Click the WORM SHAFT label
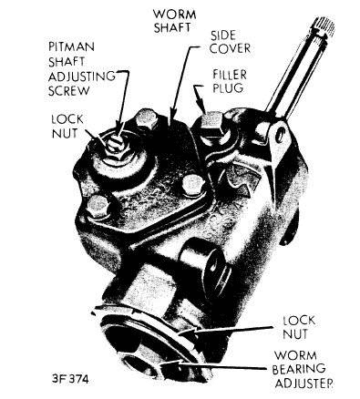point(175,21)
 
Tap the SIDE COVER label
point(230,42)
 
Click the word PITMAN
point(71,46)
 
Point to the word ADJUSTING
point(82,76)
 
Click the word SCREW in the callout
point(69,91)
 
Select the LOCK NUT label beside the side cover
point(67,127)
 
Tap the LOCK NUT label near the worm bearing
point(299,327)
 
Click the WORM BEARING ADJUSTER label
point(302,370)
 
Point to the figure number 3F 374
point(70,379)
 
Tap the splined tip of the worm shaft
point(322,26)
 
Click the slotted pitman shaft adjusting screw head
point(116,142)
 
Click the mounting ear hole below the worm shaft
point(281,136)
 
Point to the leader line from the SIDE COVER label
point(182,82)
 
